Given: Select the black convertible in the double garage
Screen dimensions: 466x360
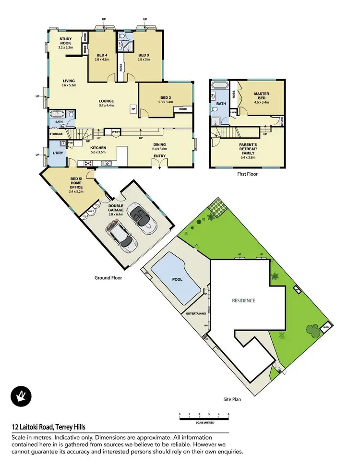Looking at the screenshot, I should tap(143, 218).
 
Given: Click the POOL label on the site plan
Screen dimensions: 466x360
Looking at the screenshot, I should tap(177, 279).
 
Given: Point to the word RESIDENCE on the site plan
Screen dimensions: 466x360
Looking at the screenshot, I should tap(243, 301).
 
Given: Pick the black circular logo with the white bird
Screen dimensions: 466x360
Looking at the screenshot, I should tap(21, 396).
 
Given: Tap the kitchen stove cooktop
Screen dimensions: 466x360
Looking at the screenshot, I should tap(89, 163).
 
